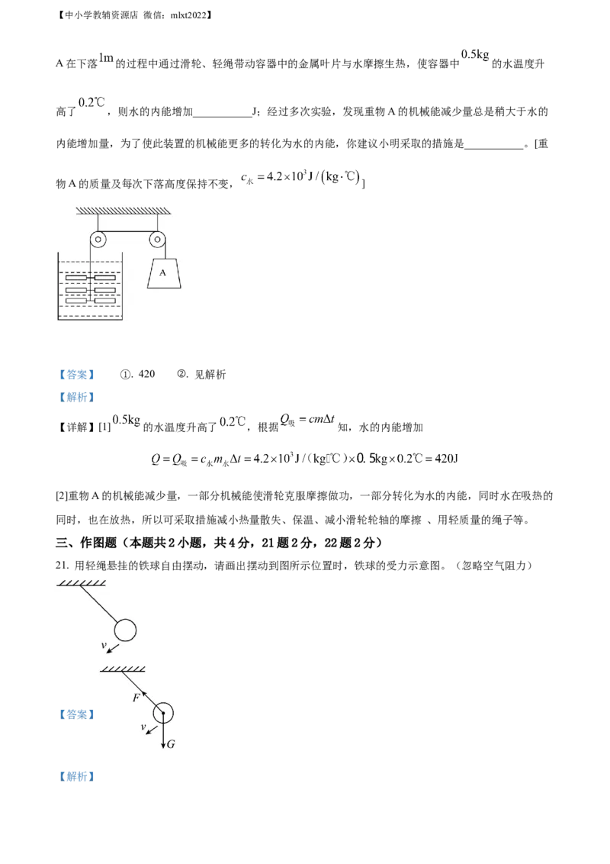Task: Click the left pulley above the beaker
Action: (x=97, y=240)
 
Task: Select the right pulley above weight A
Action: (x=157, y=240)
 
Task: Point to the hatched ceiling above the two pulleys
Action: (x=127, y=209)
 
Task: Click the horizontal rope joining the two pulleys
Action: (x=127, y=231)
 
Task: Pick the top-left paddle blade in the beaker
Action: (x=77, y=277)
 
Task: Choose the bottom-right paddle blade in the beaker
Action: (x=104, y=301)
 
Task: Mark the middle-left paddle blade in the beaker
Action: (x=77, y=290)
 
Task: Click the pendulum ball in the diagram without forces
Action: (x=125, y=630)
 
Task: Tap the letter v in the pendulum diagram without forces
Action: (x=103, y=645)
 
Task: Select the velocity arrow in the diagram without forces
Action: (x=113, y=649)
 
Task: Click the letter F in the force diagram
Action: (x=135, y=698)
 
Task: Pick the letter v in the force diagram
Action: (x=143, y=727)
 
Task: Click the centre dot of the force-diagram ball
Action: (x=163, y=714)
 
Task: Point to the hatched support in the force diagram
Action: (x=124, y=669)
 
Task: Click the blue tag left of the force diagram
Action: (x=77, y=714)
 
